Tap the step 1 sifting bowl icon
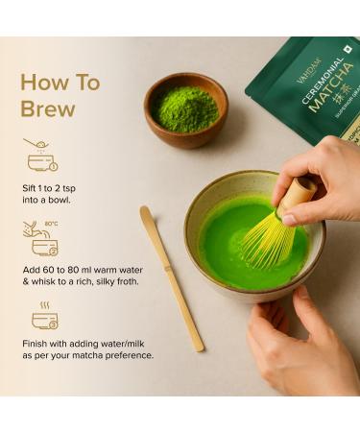pyautogui.click(x=39, y=155)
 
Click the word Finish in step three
pyautogui.click(x=39, y=343)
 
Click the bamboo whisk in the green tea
pyautogui.click(x=273, y=230)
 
